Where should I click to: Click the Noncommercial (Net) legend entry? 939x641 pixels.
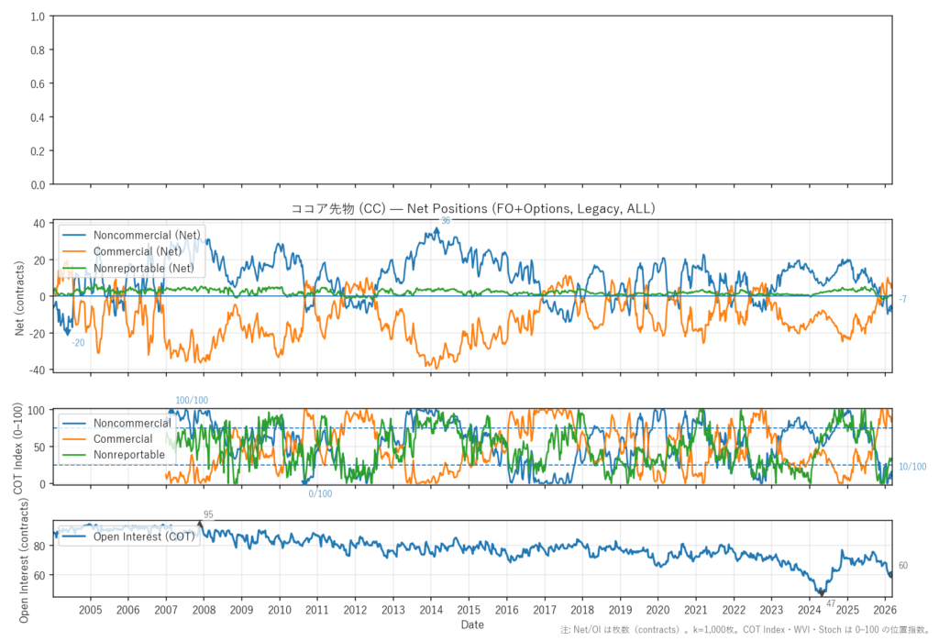pyautogui.click(x=147, y=234)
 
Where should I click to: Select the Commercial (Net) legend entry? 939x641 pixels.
pyautogui.click(x=138, y=250)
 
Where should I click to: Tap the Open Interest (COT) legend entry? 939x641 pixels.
pyautogui.click(x=144, y=537)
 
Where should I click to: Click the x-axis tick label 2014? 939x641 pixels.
pyautogui.click(x=431, y=610)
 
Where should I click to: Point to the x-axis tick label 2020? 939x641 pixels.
pyautogui.click(x=657, y=610)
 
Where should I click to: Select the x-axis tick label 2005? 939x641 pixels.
pyautogui.click(x=91, y=610)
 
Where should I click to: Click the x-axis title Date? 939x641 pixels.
pyautogui.click(x=472, y=624)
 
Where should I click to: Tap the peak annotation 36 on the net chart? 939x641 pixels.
pyautogui.click(x=446, y=220)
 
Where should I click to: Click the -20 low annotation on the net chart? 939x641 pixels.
pyautogui.click(x=78, y=343)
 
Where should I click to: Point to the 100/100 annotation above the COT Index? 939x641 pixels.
pyautogui.click(x=192, y=401)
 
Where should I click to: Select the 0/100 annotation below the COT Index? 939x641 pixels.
pyautogui.click(x=320, y=494)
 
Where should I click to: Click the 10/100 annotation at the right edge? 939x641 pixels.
pyautogui.click(x=912, y=467)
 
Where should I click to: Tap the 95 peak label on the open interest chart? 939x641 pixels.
pyautogui.click(x=208, y=514)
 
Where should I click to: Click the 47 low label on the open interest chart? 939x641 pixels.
pyautogui.click(x=831, y=603)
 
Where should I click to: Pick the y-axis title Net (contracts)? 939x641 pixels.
pyautogui.click(x=19, y=296)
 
